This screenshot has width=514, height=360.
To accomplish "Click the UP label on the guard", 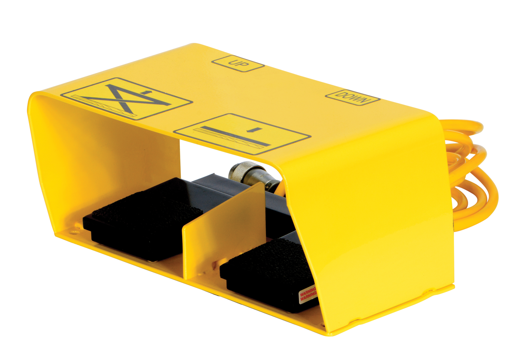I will (x=238, y=64).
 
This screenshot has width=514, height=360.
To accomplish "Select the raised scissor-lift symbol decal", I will (x=126, y=98).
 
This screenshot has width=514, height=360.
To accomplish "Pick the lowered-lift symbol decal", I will (x=242, y=134).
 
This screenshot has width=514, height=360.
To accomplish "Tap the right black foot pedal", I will (x=268, y=272).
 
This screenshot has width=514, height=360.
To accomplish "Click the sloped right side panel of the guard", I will (x=385, y=214).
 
